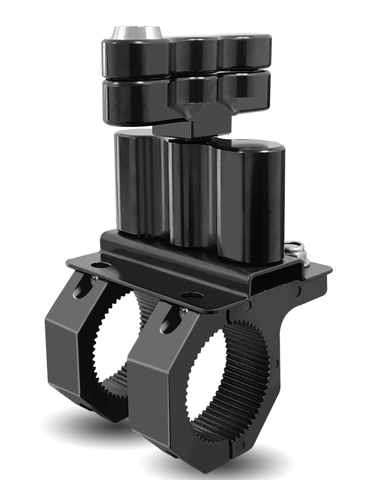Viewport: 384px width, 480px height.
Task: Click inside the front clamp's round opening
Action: click(x=207, y=383)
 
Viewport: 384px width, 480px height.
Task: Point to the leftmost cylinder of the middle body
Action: click(x=135, y=184)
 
